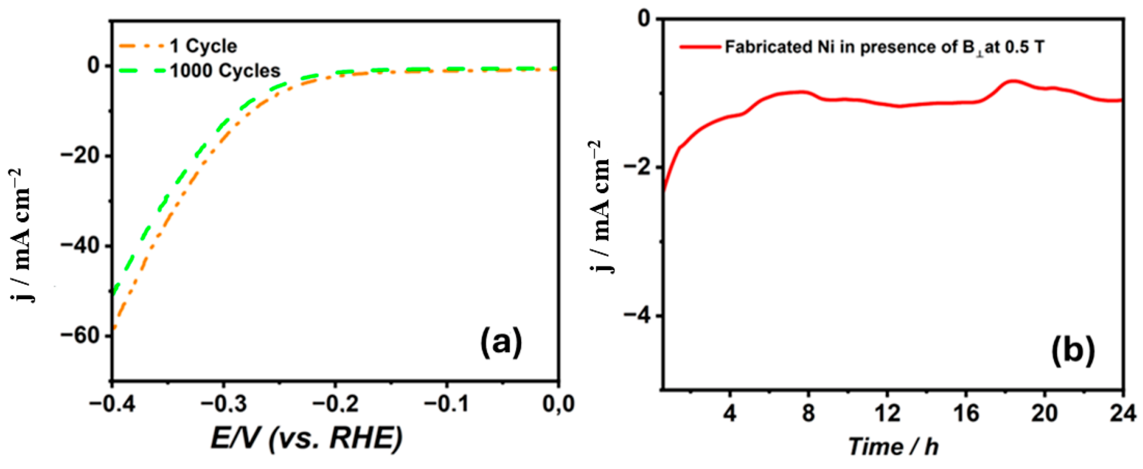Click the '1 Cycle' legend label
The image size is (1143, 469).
point(203,46)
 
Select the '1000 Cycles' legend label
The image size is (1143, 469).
point(225,71)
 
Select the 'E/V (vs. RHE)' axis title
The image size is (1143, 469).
point(306,438)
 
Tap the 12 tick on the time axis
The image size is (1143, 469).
point(887,413)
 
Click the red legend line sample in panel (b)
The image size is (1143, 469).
point(700,46)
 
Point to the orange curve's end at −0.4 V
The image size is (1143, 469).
point(114,329)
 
